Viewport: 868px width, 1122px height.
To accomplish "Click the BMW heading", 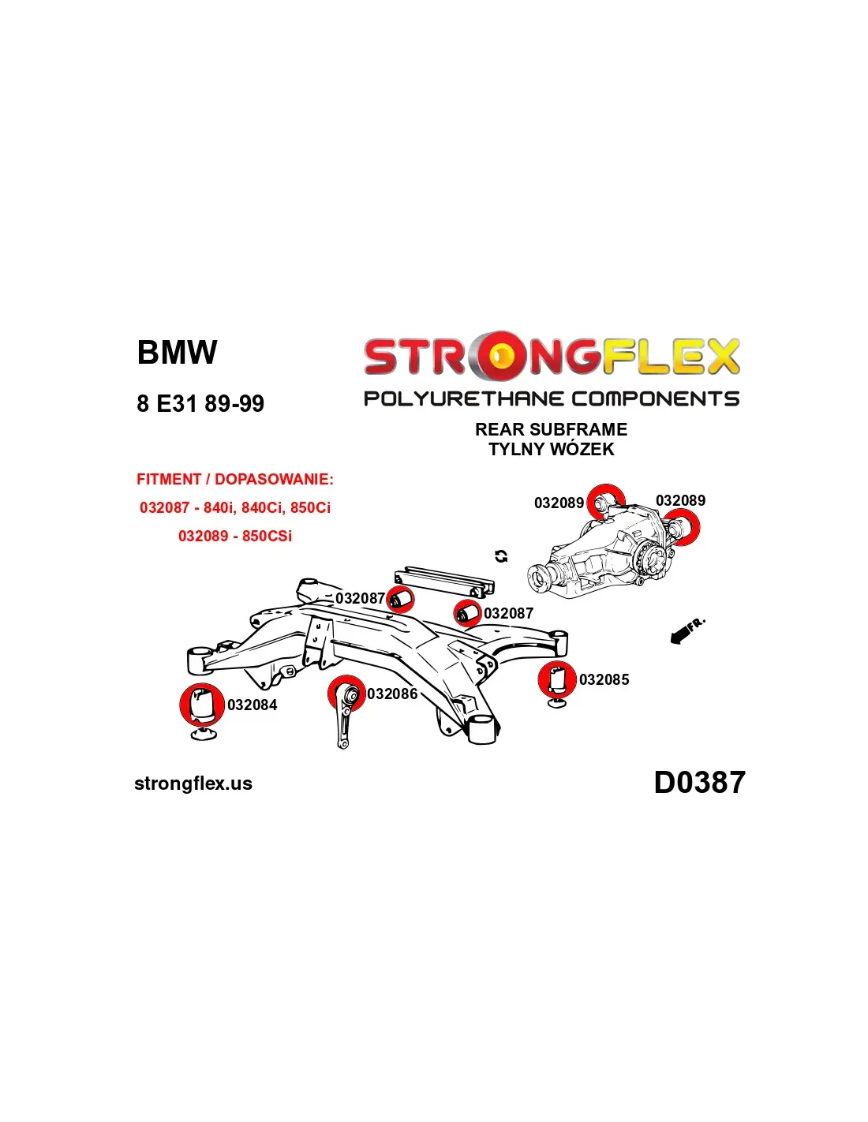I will (x=177, y=353).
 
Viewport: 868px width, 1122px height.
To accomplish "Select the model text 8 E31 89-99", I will (x=200, y=404).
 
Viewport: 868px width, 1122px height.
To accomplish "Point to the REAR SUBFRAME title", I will (x=551, y=430).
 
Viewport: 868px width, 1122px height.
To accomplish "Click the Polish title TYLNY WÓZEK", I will (x=551, y=450).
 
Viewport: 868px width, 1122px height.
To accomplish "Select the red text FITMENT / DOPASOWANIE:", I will (x=235, y=480).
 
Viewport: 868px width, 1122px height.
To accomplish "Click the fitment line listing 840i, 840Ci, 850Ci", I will (x=235, y=507).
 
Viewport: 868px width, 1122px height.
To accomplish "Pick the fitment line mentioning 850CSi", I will (x=235, y=536).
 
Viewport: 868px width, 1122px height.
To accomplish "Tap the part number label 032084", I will (x=253, y=705).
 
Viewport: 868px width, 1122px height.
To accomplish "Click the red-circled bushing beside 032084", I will (x=201, y=704).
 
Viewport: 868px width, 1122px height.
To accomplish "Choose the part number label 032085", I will (x=604, y=679).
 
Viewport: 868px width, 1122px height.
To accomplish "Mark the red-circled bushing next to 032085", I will (x=558, y=679).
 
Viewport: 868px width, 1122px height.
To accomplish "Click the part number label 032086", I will (x=392, y=694).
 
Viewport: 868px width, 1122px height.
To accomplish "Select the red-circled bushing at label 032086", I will (x=347, y=695).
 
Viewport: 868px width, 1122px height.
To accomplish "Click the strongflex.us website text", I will (x=193, y=784).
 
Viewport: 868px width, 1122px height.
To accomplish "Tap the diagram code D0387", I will (x=699, y=783).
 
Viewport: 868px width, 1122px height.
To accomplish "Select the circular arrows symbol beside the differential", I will (x=501, y=556).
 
